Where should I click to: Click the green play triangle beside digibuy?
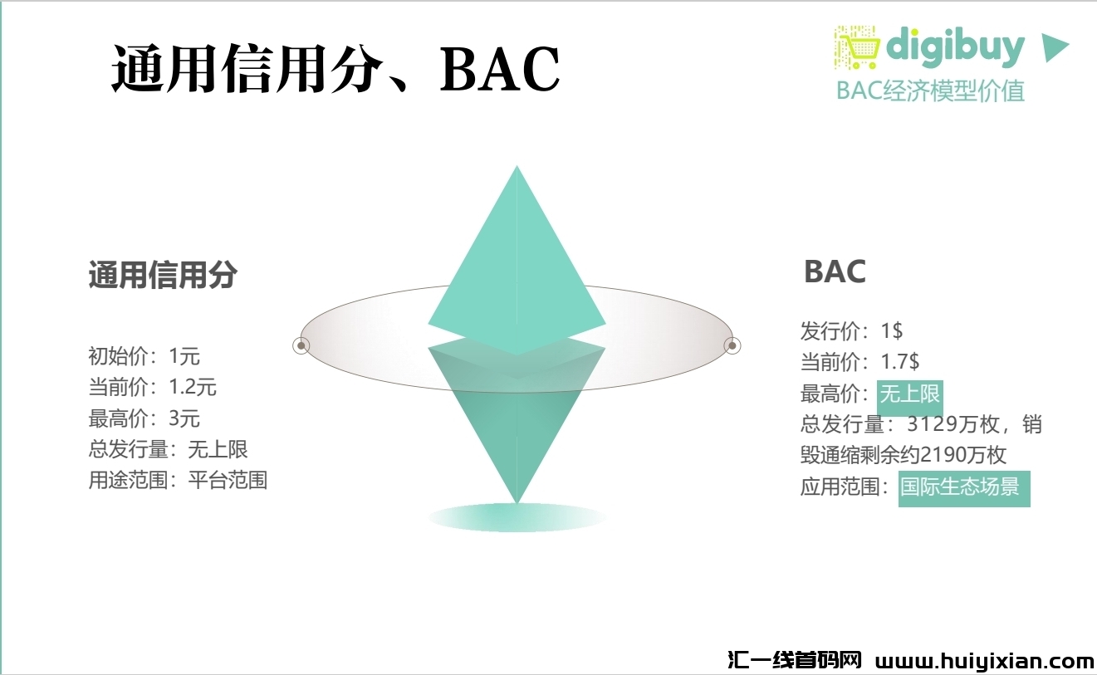pyautogui.click(x=1055, y=48)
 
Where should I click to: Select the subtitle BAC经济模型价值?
pyautogui.click(x=930, y=90)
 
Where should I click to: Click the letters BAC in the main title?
pyautogui.click(x=500, y=69)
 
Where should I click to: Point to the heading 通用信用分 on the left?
pyautogui.click(x=163, y=275)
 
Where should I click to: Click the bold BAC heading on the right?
pyautogui.click(x=835, y=271)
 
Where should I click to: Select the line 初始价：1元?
pyautogui.click(x=144, y=356)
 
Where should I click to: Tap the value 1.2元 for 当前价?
pyautogui.click(x=193, y=387)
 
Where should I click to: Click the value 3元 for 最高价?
pyautogui.click(x=184, y=418)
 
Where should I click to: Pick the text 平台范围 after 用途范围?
pyautogui.click(x=228, y=480)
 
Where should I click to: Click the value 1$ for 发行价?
pyautogui.click(x=892, y=331)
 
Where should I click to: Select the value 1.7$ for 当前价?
pyautogui.click(x=900, y=362)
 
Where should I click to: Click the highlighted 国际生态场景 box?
pyautogui.click(x=964, y=488)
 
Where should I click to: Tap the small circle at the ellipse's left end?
pyautogui.click(x=301, y=345)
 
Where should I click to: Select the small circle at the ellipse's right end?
pyautogui.click(x=732, y=345)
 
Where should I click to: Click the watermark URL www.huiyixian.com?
pyautogui.click(x=985, y=661)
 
